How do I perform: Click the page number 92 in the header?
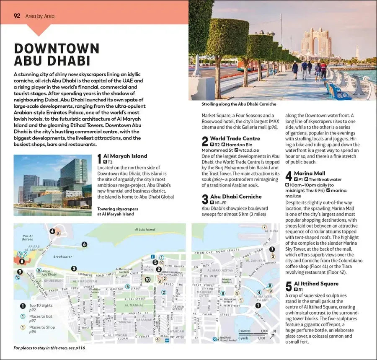[17, 16]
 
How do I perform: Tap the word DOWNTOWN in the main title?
[57, 49]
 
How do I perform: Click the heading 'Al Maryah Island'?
[125, 156]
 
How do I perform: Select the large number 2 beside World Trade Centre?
[205, 141]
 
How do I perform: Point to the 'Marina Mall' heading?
[310, 173]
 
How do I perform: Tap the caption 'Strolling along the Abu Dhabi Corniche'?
[239, 104]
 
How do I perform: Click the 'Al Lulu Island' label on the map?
[145, 230]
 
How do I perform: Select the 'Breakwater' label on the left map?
[63, 256]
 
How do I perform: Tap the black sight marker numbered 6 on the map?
[84, 244]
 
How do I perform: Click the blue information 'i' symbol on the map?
[153, 256]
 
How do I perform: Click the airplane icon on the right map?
[214, 339]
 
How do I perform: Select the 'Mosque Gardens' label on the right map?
[227, 280]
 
